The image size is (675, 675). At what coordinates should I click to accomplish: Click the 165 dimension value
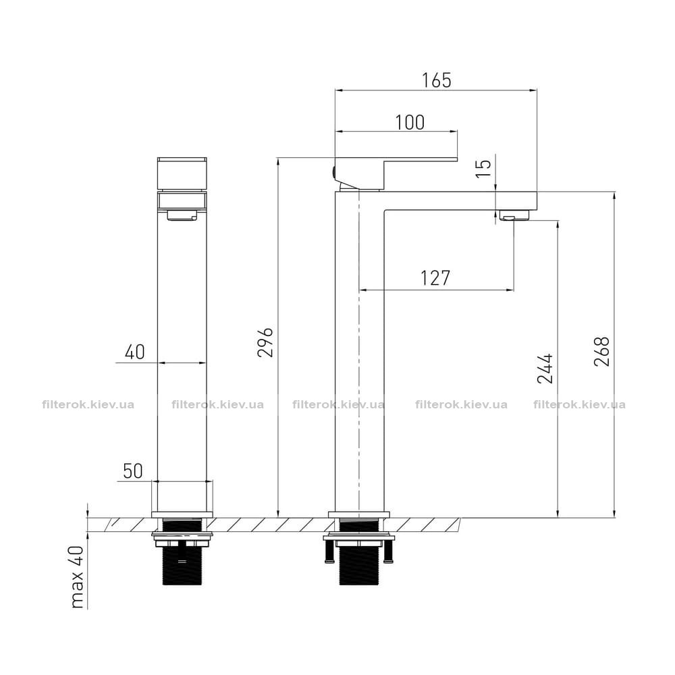[437, 80]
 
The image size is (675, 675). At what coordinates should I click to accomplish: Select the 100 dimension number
[410, 122]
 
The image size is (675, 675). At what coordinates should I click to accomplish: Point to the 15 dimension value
[484, 168]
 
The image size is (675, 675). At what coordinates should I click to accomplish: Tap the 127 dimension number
[435, 278]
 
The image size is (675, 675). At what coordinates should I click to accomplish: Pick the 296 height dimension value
[265, 342]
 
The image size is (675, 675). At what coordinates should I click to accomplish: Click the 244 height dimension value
[545, 369]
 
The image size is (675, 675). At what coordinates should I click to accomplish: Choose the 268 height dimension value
[602, 352]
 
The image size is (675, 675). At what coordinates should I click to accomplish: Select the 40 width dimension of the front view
[135, 352]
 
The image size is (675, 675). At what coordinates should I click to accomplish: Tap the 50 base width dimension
[132, 471]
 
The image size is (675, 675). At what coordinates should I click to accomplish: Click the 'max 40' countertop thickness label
[78, 577]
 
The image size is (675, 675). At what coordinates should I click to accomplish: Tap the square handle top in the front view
[182, 174]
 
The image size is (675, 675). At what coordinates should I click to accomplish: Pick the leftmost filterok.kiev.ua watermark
[88, 404]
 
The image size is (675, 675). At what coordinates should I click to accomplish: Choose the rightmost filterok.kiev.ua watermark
[579, 404]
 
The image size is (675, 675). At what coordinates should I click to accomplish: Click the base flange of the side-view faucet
[358, 514]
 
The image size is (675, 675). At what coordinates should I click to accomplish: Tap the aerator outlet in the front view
[182, 215]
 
